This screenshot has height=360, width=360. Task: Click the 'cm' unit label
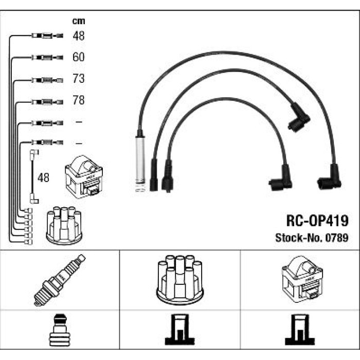[x=79, y=21]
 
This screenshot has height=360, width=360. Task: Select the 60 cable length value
[x=79, y=57]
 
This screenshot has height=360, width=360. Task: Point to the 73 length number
[x=79, y=79]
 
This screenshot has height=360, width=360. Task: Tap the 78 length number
[x=79, y=100]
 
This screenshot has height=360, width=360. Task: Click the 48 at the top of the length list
[x=79, y=35]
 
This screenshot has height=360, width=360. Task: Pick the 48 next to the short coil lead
[x=43, y=177]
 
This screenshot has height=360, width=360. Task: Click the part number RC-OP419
[x=317, y=221]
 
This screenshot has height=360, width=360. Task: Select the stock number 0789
[x=337, y=238]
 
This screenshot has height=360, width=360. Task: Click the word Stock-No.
[x=299, y=238]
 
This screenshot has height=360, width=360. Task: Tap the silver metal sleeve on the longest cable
[x=140, y=160]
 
